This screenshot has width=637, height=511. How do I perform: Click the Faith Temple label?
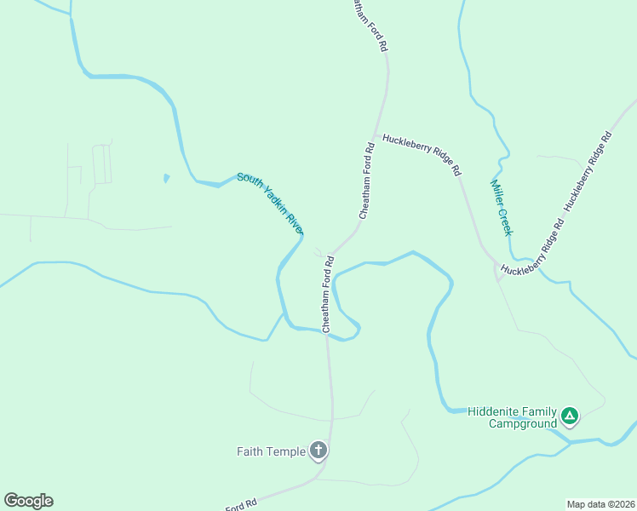click(271, 451)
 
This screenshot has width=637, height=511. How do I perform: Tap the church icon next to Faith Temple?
click(318, 451)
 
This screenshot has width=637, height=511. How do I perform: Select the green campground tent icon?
click(570, 416)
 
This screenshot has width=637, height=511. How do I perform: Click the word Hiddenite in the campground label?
click(493, 411)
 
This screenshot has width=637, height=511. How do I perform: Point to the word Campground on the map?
click(522, 422)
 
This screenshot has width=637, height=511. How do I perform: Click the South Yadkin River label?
click(271, 204)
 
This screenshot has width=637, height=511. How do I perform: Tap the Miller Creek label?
click(502, 208)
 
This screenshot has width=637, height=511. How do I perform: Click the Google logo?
click(28, 501)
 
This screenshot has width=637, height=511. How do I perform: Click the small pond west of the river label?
click(166, 178)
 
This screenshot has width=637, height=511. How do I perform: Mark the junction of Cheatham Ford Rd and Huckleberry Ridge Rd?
click(374, 135)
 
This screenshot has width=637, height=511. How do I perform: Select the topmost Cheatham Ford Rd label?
click(368, 27)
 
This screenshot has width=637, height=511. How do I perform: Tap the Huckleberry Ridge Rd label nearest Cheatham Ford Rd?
click(421, 153)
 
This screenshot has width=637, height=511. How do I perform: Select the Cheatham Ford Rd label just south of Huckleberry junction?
click(366, 181)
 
